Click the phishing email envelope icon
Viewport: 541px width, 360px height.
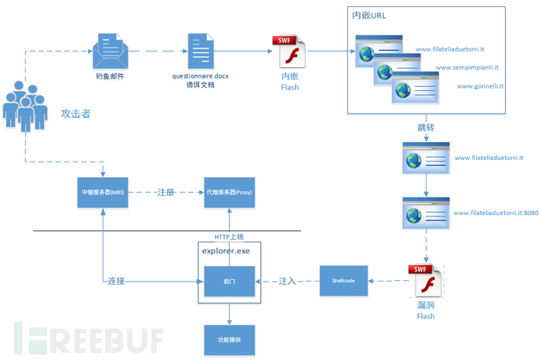click(110, 52)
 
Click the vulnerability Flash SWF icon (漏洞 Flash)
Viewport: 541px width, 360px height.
click(425, 284)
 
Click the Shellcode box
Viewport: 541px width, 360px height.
click(343, 281)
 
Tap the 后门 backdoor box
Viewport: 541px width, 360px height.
click(228, 281)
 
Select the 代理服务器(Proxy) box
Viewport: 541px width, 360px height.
click(228, 191)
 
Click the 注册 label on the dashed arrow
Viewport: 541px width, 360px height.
click(165, 191)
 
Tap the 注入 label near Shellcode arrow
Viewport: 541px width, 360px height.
click(288, 281)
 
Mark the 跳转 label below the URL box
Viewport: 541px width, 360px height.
click(427, 127)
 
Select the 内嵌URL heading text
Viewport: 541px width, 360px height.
click(369, 15)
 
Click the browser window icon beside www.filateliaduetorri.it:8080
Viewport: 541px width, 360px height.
click(425, 213)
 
